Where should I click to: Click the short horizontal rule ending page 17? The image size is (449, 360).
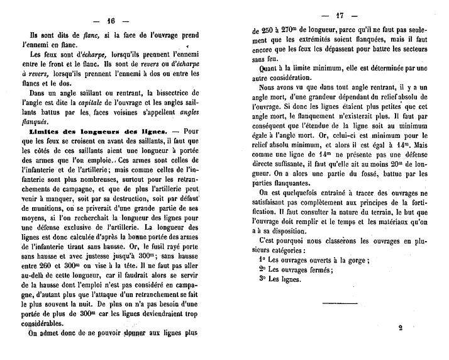(340, 305)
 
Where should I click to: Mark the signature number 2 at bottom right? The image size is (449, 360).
(400, 327)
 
